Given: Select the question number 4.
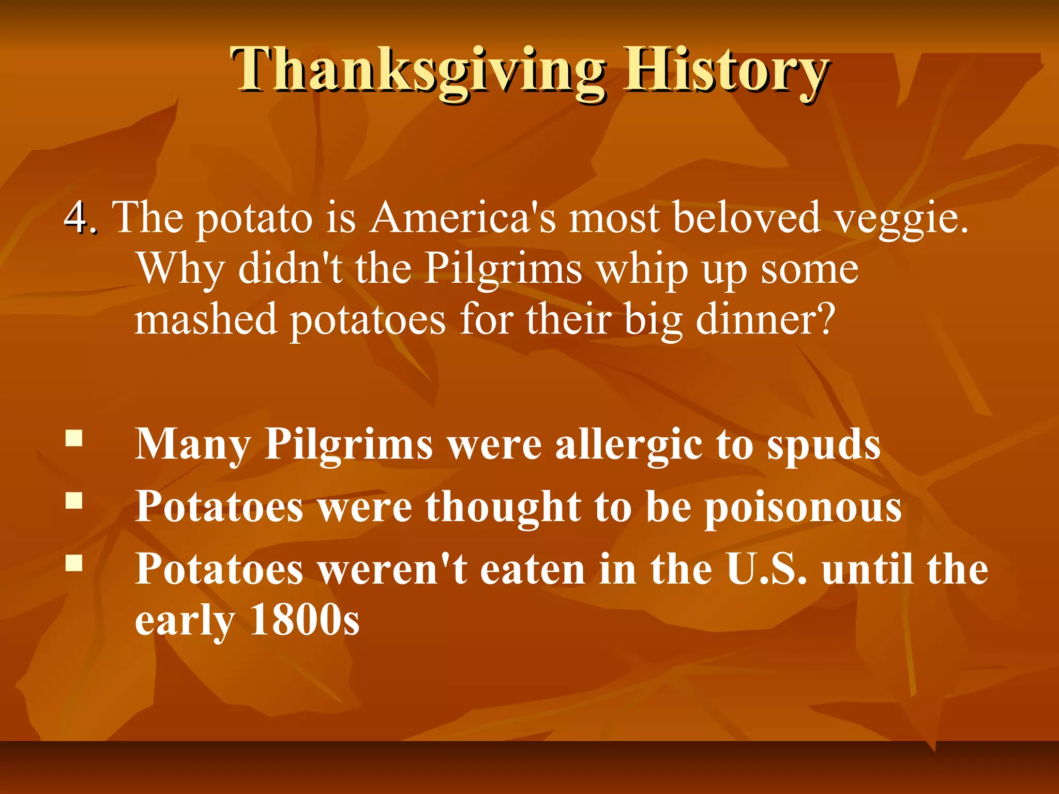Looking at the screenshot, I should click(x=80, y=217).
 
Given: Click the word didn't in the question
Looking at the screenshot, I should click(x=290, y=269).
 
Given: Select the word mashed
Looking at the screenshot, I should click(x=206, y=319).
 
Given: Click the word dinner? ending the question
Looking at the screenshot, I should click(x=765, y=319).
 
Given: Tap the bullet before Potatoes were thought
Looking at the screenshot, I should click(x=74, y=500).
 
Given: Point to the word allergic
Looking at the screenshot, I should click(x=629, y=445).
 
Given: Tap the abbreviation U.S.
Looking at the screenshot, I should click(x=766, y=569).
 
